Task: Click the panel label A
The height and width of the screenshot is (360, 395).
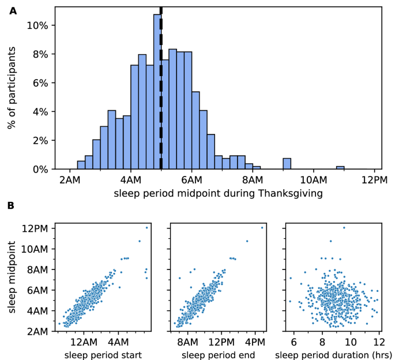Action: pyautogui.click(x=13, y=10)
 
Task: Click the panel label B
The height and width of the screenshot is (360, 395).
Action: pyautogui.click(x=13, y=205)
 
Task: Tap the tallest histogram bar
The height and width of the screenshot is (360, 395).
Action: pyautogui.click(x=157, y=92)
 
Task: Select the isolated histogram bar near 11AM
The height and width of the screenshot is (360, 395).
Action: pyautogui.click(x=340, y=168)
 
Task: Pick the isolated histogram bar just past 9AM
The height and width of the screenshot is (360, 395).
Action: pyautogui.click(x=287, y=164)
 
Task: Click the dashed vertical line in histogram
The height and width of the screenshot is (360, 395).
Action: pyautogui.click(x=161, y=87)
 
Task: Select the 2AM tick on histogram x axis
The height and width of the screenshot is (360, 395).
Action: pyautogui.click(x=70, y=179)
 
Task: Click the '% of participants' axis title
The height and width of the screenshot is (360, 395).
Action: pyautogui.click(x=12, y=88)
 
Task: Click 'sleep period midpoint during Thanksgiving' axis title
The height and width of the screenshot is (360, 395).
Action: pyautogui.click(x=218, y=193)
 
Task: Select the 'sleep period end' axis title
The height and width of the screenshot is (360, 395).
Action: pyautogui.click(x=218, y=354)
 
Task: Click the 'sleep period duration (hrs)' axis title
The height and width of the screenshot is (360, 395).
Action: pyautogui.click(x=333, y=354)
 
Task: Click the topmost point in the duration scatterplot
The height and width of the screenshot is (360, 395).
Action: pyautogui.click(x=344, y=227)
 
